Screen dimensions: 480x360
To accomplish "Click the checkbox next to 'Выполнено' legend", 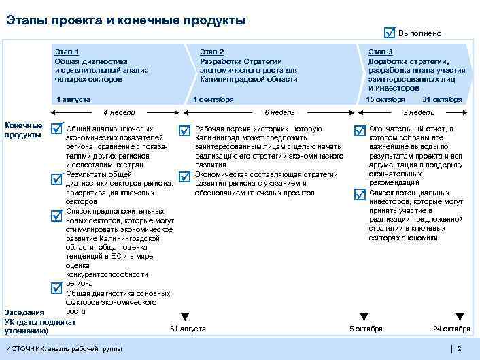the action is pos(389,33).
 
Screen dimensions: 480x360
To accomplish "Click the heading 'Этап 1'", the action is pos(67,52).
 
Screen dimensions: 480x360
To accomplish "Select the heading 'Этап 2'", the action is pos(212,52).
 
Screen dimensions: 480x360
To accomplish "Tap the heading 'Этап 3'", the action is pos(380,52).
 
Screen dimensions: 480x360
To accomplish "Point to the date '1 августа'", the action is pos(73,99).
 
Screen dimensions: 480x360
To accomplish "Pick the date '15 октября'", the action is pos(385,99).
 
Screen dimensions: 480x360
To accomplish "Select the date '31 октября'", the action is pos(447,99).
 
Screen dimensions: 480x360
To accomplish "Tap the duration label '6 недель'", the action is pos(279,112).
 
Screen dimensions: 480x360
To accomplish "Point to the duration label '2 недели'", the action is pos(419,112).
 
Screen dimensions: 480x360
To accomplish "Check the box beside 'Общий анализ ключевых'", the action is pos(58,129).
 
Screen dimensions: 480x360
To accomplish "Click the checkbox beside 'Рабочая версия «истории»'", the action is pos(184,129).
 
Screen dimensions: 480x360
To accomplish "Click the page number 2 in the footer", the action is pos(460,348).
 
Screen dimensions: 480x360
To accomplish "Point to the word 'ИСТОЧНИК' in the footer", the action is pos(24,348).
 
